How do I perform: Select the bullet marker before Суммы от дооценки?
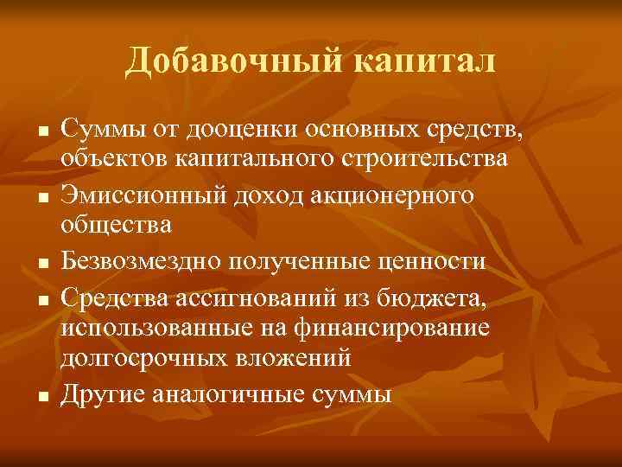(x=41, y=132)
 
